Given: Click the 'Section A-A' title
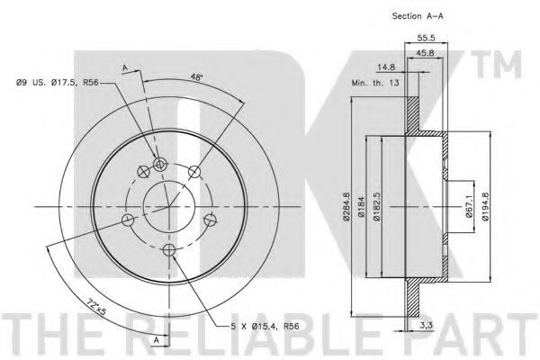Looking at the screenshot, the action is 418,16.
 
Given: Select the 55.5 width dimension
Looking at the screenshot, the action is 426,38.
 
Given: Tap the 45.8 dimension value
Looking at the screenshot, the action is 425,53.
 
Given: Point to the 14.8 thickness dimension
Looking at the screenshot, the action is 386,67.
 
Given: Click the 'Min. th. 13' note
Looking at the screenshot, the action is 375,83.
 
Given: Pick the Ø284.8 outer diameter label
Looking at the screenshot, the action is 346,207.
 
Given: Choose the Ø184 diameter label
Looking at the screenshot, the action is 361,207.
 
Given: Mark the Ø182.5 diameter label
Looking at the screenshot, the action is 377,207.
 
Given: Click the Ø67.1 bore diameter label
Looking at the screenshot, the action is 469,206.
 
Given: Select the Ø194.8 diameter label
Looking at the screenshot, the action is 485,206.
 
